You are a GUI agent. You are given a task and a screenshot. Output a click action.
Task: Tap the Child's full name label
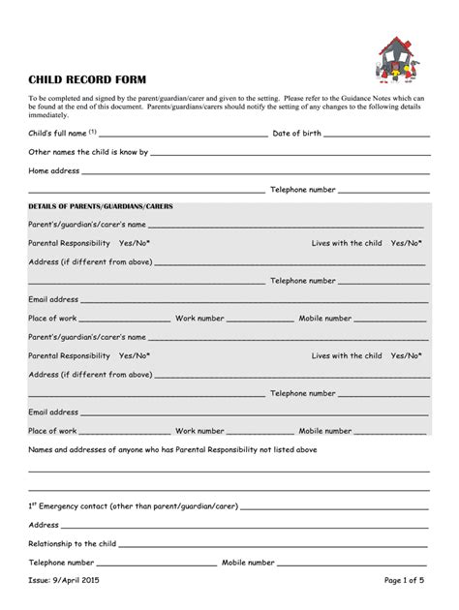coord(57,133)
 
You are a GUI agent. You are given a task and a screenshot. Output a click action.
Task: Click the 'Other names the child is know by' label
coord(88,152)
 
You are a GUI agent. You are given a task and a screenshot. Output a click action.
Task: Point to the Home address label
coord(53,170)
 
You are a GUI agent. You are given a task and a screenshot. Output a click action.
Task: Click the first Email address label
coord(53,299)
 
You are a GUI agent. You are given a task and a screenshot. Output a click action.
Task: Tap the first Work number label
coord(199,318)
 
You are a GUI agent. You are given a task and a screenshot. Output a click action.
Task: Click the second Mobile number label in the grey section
coord(325,430)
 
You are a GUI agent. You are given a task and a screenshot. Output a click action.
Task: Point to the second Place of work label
coord(52,430)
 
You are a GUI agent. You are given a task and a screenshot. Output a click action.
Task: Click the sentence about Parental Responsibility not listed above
coord(172,449)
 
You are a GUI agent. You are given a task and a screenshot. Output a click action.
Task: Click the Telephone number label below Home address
coord(303,190)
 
